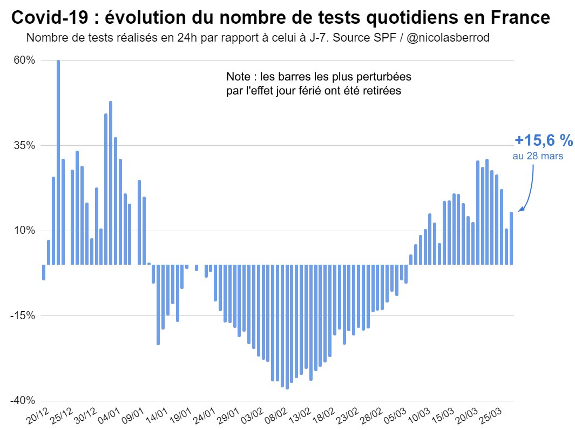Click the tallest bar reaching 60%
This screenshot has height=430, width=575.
click(x=58, y=162)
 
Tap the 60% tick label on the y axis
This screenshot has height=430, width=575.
click(x=24, y=61)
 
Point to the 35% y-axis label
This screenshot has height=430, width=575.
click(x=24, y=145)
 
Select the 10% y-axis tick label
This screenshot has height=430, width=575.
click(x=24, y=231)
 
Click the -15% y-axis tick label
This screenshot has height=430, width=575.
click(x=23, y=315)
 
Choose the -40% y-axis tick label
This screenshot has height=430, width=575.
click(x=23, y=400)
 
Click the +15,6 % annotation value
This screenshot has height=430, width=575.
click(x=543, y=140)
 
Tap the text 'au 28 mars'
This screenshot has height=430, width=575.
click(x=538, y=156)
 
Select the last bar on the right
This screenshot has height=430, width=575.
click(x=511, y=238)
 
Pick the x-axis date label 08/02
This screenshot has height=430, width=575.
click(x=277, y=416)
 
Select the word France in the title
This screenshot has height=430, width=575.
click(x=521, y=19)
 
